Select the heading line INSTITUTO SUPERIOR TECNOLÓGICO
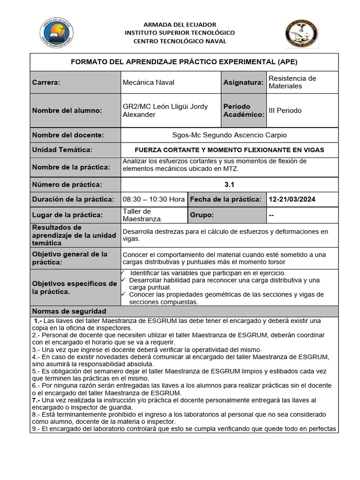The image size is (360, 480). tap(180, 33)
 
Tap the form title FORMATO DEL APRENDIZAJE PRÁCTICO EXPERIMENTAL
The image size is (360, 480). tap(184, 62)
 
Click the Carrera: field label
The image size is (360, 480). tap(46, 82)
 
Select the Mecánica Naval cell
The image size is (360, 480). tap(148, 82)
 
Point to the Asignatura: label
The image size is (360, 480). tap(243, 82)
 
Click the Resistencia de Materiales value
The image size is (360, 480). tap(292, 82)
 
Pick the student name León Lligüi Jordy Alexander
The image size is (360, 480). tap(165, 111)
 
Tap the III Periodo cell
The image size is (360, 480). tap(285, 111)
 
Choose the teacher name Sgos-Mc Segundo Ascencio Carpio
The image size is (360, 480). tap(229, 135)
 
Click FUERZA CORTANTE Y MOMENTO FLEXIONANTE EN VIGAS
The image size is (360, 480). tap(229, 150)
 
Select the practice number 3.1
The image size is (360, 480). tap(229, 185)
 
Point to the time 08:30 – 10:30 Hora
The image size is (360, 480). tap(154, 199)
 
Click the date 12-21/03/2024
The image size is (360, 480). tap(292, 199)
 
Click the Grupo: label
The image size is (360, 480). tap(202, 215)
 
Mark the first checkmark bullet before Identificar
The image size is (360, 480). tap(123, 272)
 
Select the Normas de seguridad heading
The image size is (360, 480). tap(69, 311)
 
